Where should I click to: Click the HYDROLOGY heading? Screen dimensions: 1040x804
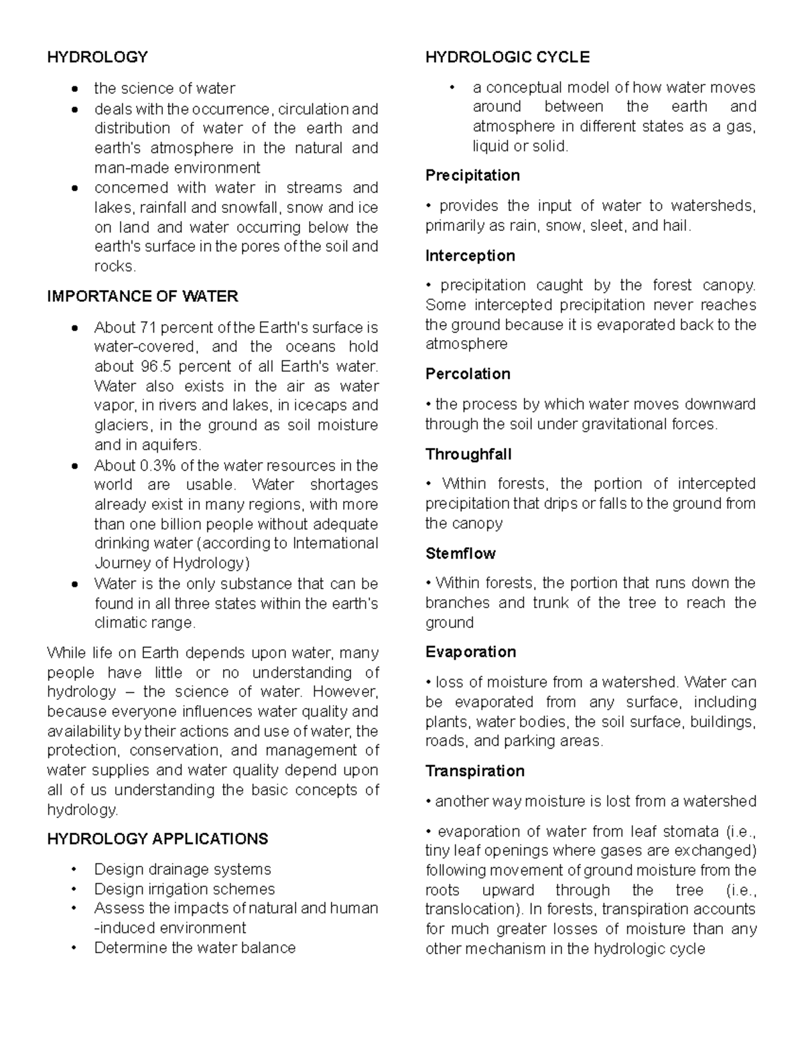coord(97,57)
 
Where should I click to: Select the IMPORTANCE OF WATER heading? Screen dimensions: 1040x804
coord(142,296)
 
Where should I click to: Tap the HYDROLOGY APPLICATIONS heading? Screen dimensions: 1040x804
coord(157,839)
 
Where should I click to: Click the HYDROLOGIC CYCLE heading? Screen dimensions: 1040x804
coord(507,57)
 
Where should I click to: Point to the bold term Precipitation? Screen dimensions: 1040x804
coord(472,175)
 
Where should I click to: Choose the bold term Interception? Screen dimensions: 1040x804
coord(470,256)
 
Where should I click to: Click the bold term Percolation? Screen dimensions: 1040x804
coord(468,374)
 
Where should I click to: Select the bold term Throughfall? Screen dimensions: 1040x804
coord(468,454)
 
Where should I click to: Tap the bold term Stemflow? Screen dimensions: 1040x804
coord(460,553)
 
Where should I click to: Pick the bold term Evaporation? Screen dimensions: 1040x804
coord(470,652)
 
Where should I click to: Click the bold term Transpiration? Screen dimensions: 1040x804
coord(474,771)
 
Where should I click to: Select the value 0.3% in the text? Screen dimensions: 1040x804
coord(155,465)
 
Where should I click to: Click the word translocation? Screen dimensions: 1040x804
coord(468,909)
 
